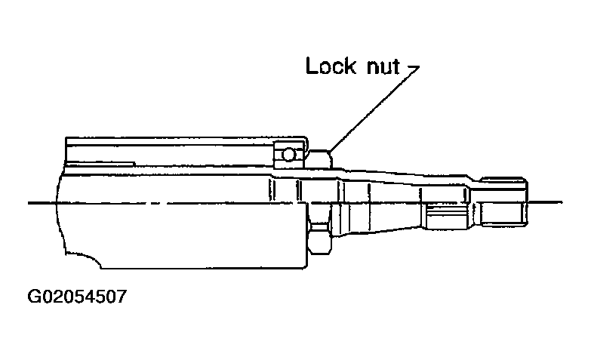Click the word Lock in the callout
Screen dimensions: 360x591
(331, 66)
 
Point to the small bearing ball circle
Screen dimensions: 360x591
(288, 155)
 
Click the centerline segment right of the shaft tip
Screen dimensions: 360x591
(547, 202)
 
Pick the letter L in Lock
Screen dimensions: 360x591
(311, 66)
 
